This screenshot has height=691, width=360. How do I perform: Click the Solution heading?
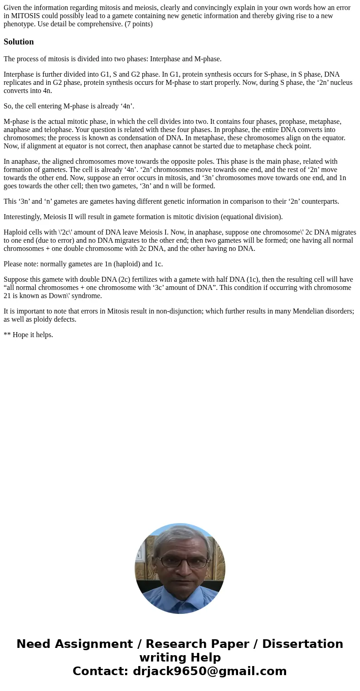click(19, 42)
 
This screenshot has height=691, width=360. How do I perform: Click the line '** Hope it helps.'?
click(29, 335)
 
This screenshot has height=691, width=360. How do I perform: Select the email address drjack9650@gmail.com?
click(209, 671)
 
